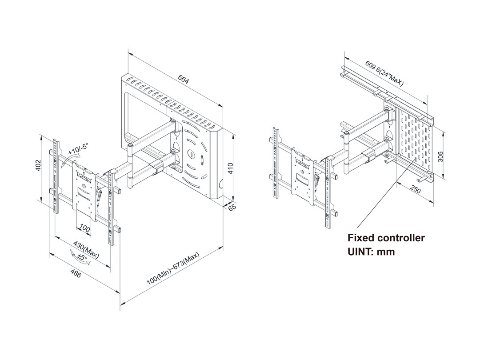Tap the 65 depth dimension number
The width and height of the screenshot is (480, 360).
click(231, 208)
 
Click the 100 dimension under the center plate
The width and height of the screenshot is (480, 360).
click(84, 229)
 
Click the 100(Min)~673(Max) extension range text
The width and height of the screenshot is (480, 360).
click(173, 269)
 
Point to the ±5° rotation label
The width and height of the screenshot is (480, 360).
click(83, 257)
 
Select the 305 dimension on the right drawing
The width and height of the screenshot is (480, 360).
click(440, 156)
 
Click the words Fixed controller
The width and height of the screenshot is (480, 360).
click(386, 238)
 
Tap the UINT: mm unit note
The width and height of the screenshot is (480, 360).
click(371, 252)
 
